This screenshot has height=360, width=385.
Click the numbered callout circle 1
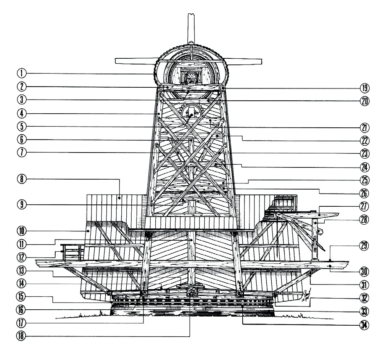(22, 73)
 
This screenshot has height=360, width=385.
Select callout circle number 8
(22, 179)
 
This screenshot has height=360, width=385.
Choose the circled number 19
(364, 88)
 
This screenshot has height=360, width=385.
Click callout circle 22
(364, 141)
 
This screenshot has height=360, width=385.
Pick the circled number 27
(364, 206)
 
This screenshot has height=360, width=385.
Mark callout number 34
(364, 325)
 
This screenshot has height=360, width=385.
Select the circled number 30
(364, 272)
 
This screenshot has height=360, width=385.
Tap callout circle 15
(22, 296)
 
